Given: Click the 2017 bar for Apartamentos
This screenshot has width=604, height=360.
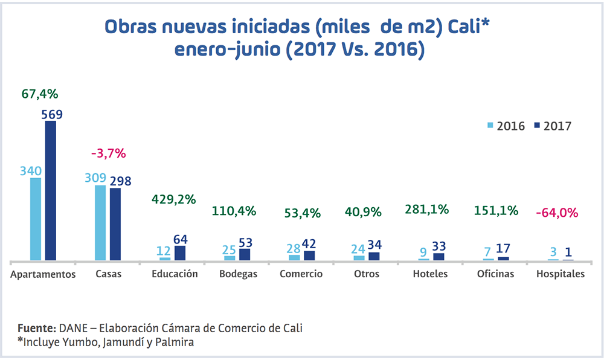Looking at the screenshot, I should coord(51,191).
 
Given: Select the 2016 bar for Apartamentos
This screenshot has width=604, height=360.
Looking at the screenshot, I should coord(36,219).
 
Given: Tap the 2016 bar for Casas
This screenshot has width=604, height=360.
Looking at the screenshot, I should coord(100,223).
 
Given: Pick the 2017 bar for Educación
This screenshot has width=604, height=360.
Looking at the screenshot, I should coord(180,253).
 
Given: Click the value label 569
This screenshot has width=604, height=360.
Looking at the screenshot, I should coord(52,114).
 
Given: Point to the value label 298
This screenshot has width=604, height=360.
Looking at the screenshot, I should coord(120,180).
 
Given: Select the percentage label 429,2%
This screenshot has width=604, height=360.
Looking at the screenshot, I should coord(173,199).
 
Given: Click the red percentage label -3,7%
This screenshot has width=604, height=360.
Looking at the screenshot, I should coord(108,153).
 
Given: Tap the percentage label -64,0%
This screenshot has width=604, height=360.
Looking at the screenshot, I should coord(557,213).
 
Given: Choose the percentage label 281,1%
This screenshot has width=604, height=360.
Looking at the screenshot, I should coord(427,210).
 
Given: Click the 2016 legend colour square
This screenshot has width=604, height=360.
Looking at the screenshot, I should coord(490,126).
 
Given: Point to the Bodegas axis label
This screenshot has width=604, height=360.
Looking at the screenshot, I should coord(239,274).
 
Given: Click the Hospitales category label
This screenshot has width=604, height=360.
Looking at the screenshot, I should coord(561,274).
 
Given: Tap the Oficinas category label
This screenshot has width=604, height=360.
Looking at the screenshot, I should coord(495,274).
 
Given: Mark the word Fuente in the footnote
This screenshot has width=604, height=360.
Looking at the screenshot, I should coord(36,328).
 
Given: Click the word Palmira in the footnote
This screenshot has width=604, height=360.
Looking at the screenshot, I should coord(176,342).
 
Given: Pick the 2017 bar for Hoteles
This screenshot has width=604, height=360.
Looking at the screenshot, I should coord(439,257).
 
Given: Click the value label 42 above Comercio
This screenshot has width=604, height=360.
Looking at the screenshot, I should coord(310,243).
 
